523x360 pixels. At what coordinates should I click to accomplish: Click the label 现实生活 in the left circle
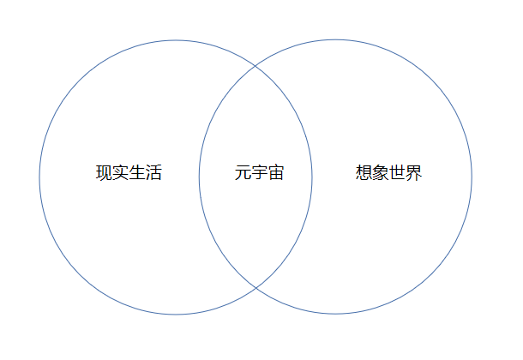[129, 173]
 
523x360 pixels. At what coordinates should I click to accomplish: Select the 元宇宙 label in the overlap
[259, 173]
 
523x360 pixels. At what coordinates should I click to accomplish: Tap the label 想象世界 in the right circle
[389, 173]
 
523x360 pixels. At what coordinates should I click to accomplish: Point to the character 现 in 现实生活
[104, 173]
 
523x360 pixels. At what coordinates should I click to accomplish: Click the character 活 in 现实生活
[153, 173]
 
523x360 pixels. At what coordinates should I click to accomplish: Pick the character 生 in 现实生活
[137, 173]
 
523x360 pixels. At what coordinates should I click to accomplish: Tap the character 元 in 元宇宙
[243, 173]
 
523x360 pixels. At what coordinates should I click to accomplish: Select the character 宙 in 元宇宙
[275, 173]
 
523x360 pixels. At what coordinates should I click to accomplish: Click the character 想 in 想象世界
[364, 173]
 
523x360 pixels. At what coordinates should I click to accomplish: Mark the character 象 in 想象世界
[381, 173]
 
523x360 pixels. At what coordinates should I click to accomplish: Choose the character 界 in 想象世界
[414, 173]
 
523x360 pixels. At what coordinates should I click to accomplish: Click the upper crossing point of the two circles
[255, 66]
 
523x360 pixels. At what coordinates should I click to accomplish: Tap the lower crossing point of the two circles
[255, 287]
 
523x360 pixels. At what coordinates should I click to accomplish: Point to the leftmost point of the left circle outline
[39, 177]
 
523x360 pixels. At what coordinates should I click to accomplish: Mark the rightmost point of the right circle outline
[472, 177]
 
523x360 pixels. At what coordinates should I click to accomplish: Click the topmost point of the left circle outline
[176, 40]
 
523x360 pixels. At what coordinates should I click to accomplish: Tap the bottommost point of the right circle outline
[335, 314]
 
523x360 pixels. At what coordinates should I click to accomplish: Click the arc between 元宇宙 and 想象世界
[312, 177]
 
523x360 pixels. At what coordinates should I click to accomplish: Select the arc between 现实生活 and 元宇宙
[199, 177]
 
